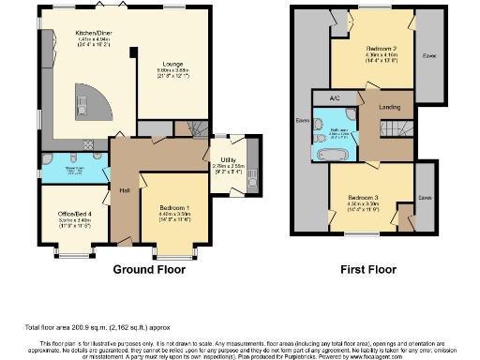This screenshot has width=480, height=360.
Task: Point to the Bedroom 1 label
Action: (x=173, y=207)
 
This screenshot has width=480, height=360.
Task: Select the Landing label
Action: (x=389, y=107)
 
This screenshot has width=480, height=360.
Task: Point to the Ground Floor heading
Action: (x=149, y=269)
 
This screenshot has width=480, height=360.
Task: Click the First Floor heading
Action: (x=368, y=269)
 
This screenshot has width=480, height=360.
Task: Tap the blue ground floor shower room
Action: (x=74, y=167)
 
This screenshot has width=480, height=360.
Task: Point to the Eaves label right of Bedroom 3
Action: (x=425, y=198)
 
